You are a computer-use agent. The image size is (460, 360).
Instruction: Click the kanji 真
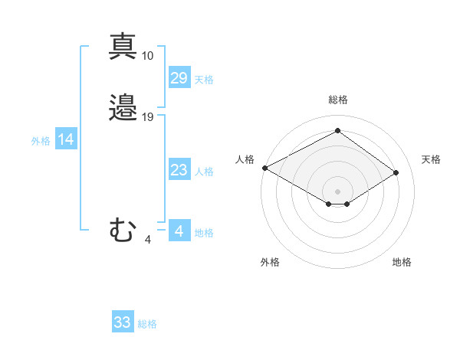[x=123, y=46]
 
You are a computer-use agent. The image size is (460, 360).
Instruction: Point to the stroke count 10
[x=148, y=56]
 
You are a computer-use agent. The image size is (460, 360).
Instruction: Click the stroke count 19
[x=148, y=117]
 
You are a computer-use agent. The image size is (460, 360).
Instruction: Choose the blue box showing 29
[x=179, y=78]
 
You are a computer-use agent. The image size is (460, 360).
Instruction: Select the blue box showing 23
[x=179, y=170]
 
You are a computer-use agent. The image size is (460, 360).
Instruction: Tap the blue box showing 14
[x=66, y=139]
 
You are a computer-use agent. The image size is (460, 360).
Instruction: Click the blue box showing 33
[x=123, y=322]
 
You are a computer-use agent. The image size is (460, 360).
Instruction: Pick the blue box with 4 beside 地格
[x=179, y=231]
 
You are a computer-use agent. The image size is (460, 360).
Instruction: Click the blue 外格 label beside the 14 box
[x=41, y=141]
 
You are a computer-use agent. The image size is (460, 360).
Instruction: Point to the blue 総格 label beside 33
[x=148, y=324]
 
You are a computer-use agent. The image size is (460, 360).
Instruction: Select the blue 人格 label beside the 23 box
[x=205, y=172]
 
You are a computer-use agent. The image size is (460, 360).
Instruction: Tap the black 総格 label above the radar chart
[x=338, y=100]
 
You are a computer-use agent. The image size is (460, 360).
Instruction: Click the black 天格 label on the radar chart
[x=432, y=159]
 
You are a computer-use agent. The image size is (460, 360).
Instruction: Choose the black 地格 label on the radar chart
[x=402, y=262]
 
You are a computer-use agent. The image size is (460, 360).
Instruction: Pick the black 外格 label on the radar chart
[x=270, y=262]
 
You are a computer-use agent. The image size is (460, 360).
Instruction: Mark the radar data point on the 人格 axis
[x=264, y=167]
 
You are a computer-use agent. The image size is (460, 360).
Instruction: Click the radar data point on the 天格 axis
[x=396, y=172]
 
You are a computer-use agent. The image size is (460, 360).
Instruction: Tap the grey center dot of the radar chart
[x=337, y=191]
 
